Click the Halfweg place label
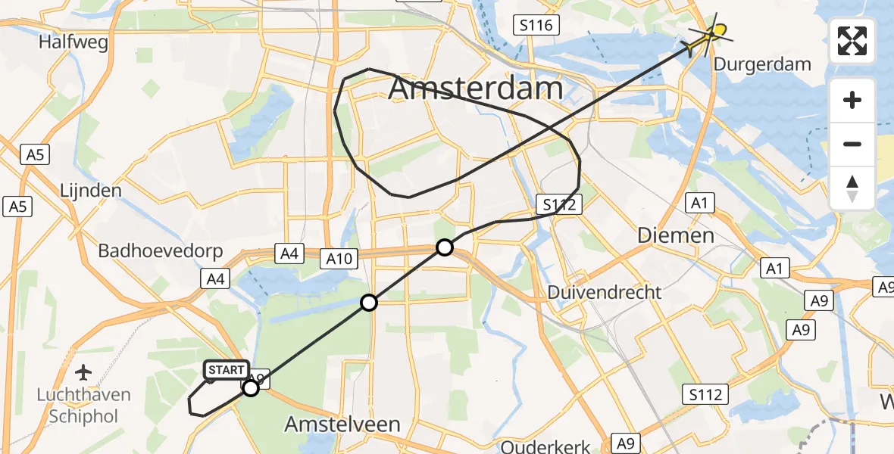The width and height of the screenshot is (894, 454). tap(73, 43)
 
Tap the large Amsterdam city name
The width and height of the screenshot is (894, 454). tap(476, 89)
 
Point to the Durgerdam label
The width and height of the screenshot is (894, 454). tap(762, 64)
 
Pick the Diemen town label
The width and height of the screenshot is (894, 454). tap(676, 235)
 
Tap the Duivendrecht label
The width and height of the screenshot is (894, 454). tap(605, 292)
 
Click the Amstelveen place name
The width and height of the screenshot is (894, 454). tap(342, 424)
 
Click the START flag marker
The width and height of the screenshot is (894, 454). tap(226, 370)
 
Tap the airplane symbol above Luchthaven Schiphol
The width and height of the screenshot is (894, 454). tap(84, 372)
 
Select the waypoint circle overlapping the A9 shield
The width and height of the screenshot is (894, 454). tap(251, 387)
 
